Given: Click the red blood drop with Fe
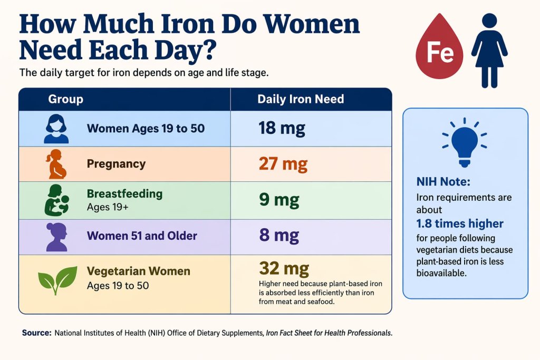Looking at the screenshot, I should pos(439,51).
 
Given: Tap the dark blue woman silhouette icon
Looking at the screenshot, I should pos(489,50).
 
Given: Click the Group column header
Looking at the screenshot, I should pos(65,99).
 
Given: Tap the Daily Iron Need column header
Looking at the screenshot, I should pos(301,99).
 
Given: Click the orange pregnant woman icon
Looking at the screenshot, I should pos(55,164).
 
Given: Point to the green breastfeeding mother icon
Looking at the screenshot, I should pos(56,200).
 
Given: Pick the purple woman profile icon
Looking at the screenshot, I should pos(56,236).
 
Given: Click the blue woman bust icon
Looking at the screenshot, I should pos(56,129).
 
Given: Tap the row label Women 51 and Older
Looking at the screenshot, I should pos(141,236).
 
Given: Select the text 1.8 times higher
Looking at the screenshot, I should pos(460,223).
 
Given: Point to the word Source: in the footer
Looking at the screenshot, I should pos(36,333).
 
